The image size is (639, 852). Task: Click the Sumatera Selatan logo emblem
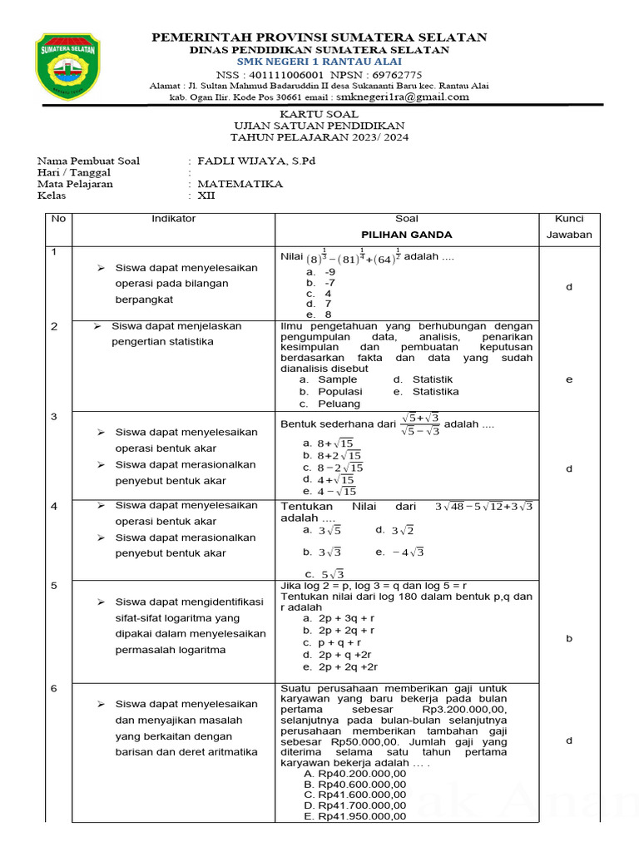(69, 64)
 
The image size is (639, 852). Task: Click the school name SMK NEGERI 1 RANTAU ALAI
(319, 62)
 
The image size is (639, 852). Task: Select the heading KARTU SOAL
(319, 114)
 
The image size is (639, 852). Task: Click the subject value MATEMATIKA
(240, 184)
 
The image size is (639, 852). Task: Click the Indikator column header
(173, 219)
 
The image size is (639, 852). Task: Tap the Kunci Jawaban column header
(568, 226)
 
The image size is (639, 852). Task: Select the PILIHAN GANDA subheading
(406, 235)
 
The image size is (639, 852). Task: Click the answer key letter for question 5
(569, 638)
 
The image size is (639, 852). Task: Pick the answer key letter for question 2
(569, 379)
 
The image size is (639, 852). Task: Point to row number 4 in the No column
(54, 506)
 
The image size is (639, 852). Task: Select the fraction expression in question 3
(420, 424)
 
